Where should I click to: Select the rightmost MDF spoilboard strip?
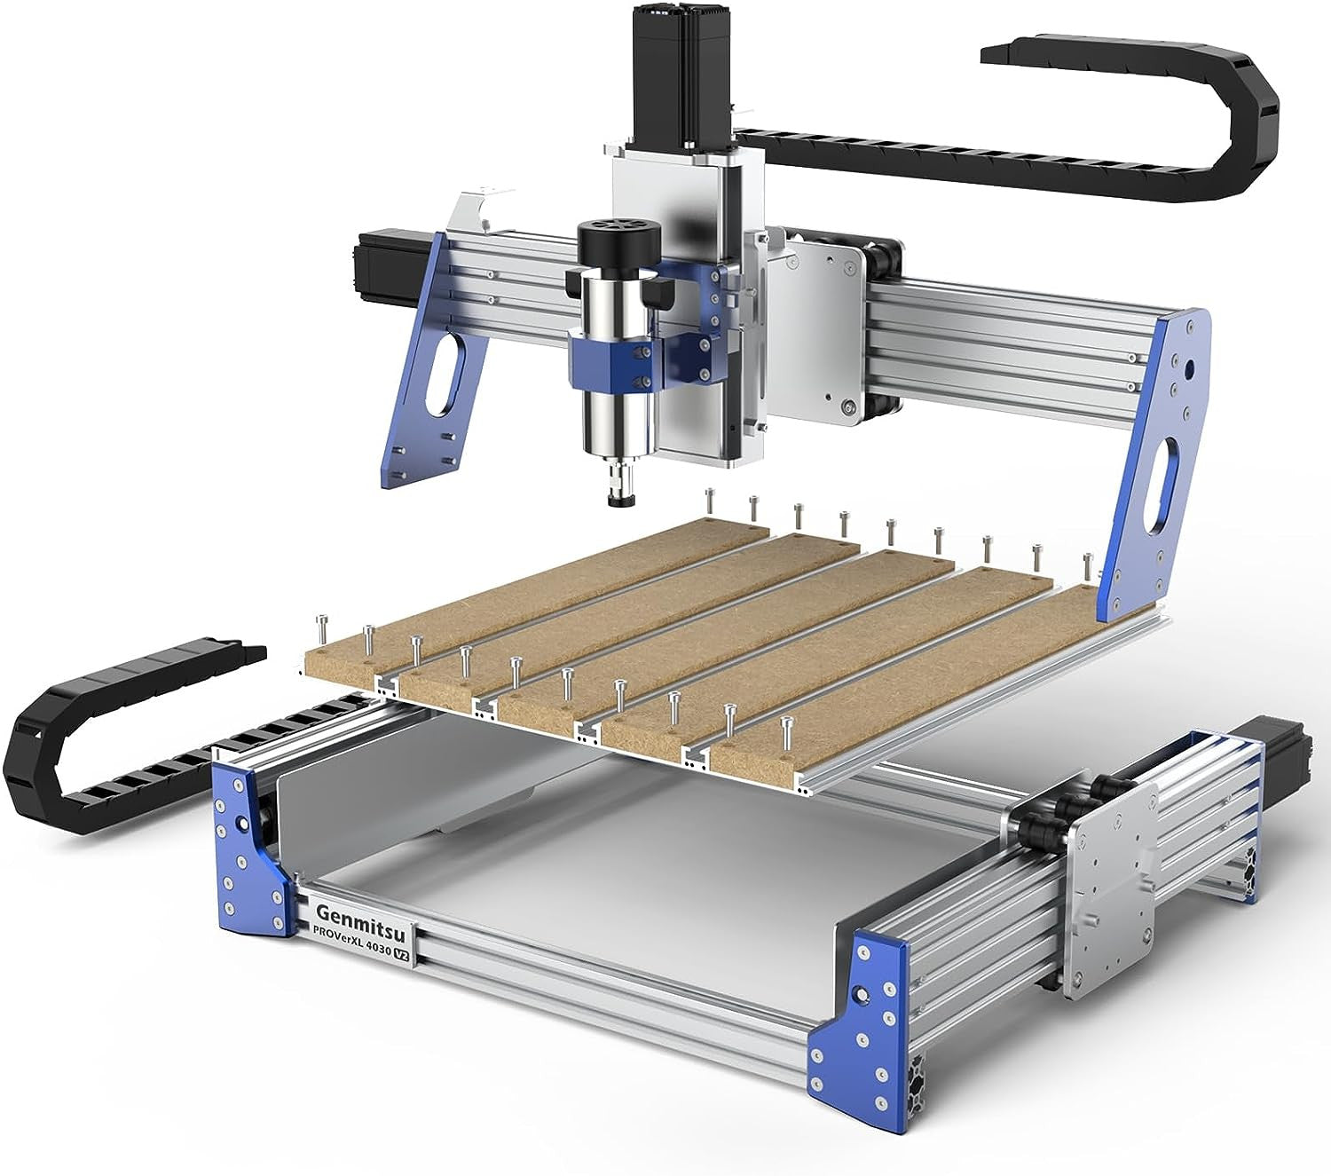905,675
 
